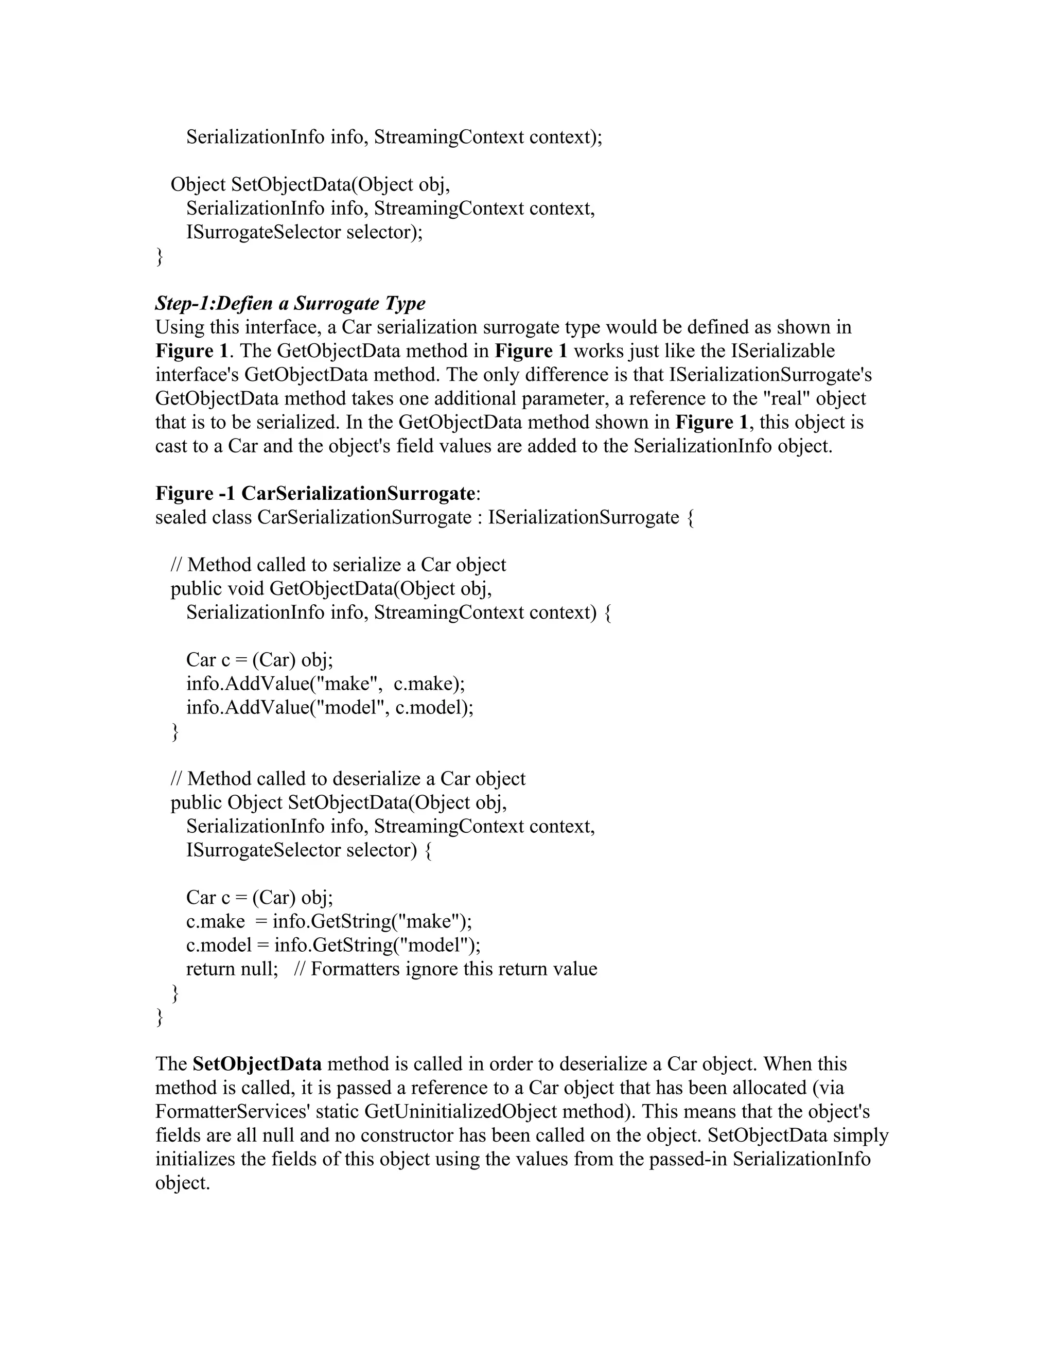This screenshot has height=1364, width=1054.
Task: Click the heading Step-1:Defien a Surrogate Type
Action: point(290,304)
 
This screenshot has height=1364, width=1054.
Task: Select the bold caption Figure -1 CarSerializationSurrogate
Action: point(315,494)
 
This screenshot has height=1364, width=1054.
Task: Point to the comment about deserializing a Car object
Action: point(348,779)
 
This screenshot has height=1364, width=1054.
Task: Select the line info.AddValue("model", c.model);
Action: point(330,708)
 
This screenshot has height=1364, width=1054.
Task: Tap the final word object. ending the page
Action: point(182,1183)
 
